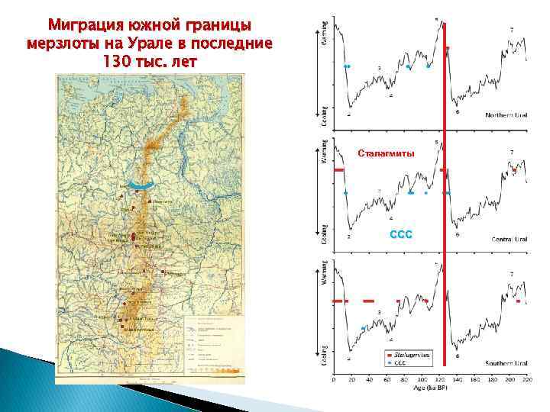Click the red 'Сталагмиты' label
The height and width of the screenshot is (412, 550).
[x=387, y=154]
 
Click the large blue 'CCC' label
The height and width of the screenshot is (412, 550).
[x=401, y=234]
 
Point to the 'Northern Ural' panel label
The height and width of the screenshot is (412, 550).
[x=506, y=115]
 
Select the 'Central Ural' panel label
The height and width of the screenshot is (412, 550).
[x=509, y=240]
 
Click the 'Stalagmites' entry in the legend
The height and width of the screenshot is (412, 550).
[x=412, y=355]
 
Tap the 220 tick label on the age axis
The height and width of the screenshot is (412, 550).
[x=526, y=378]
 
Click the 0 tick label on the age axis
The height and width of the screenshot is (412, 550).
[x=333, y=378]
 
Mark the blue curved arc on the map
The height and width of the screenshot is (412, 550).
[x=141, y=185]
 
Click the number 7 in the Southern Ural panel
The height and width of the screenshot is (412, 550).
[x=511, y=274]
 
